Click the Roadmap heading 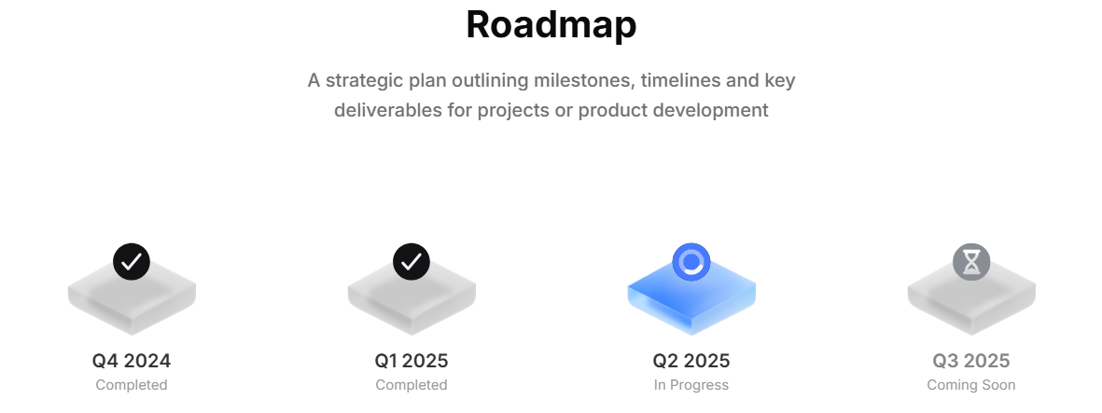click(551, 24)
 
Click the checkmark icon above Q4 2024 click(132, 262)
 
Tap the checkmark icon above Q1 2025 click(412, 262)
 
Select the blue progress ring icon click(691, 262)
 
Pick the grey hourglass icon click(971, 262)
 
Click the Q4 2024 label click(132, 361)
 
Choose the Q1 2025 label click(412, 361)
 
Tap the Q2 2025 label click(691, 361)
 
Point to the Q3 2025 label click(971, 361)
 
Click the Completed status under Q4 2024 click(132, 385)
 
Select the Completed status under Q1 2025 click(412, 385)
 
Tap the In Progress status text click(691, 385)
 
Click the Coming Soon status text click(971, 385)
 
